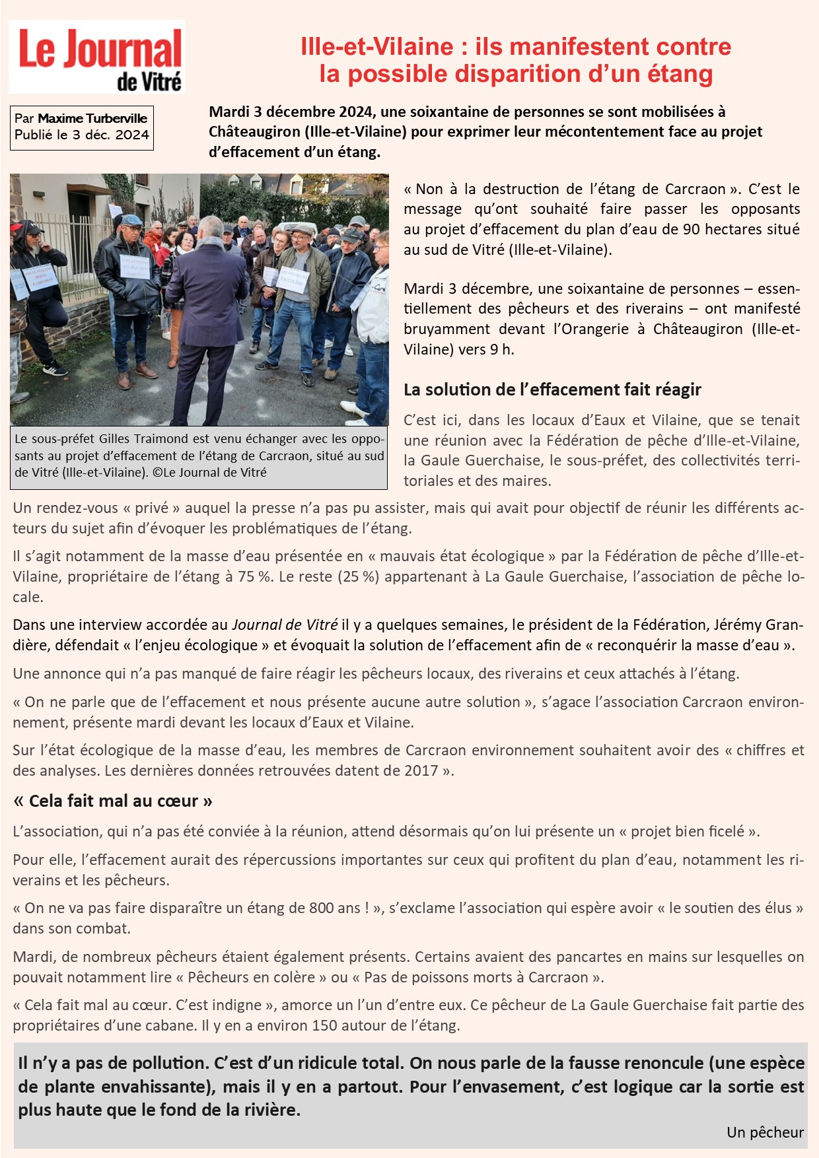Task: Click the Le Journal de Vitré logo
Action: (97, 57)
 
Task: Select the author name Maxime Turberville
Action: (92, 119)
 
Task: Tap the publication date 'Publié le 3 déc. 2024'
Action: (82, 135)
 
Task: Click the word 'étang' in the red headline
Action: (676, 75)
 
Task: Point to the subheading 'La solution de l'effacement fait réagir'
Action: (552, 390)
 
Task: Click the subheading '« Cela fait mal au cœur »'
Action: (113, 801)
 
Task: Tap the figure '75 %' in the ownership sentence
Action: (256, 576)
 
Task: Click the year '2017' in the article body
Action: (421, 770)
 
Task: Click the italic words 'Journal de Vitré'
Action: (284, 625)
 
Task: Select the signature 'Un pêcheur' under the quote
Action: (765, 1132)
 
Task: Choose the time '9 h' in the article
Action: (502, 349)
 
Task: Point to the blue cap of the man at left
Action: (131, 220)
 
